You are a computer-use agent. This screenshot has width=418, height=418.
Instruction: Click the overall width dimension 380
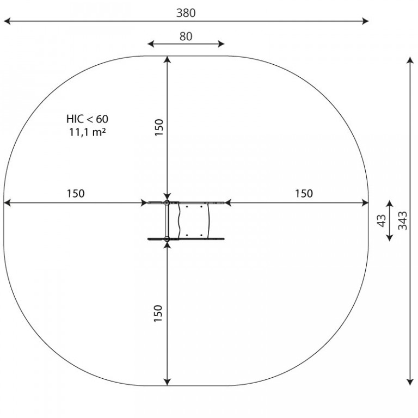(186, 13)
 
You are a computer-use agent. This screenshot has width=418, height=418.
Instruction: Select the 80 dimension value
(186, 36)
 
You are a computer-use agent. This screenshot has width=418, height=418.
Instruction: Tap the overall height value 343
(403, 220)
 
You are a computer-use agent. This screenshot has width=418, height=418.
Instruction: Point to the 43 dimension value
(382, 220)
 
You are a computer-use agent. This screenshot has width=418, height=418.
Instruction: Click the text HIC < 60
(88, 119)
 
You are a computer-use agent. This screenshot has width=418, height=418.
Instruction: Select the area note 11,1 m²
(88, 132)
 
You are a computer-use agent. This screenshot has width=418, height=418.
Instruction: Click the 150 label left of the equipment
(76, 194)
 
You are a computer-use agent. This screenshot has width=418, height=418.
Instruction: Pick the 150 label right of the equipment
(304, 194)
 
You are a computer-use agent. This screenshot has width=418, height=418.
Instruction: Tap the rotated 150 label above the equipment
(159, 127)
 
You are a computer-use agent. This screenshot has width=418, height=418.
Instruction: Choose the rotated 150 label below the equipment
(158, 313)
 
